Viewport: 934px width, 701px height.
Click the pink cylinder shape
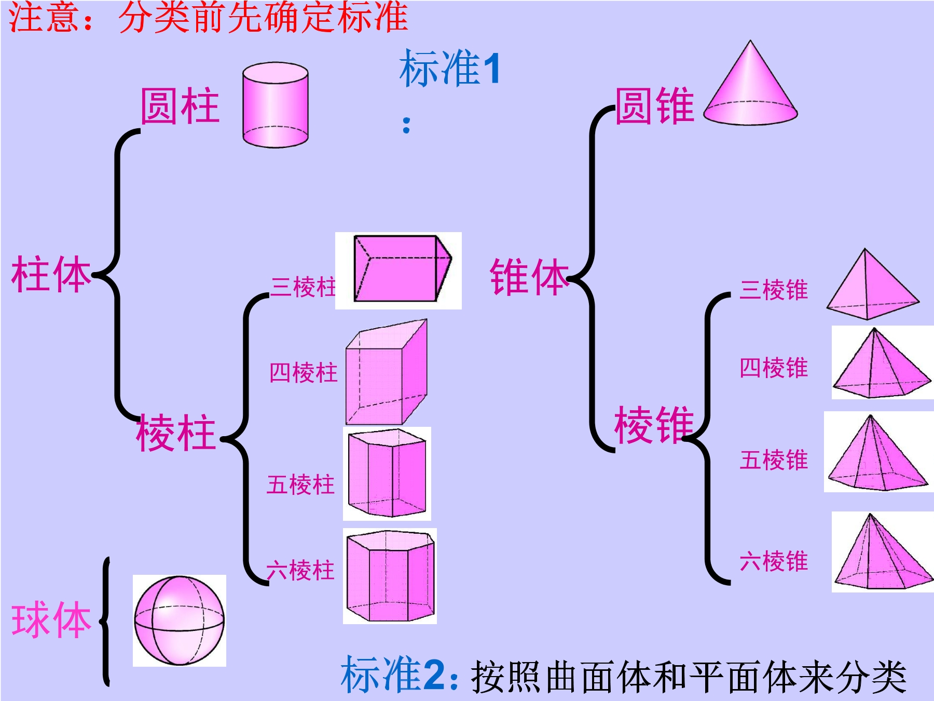tap(276, 105)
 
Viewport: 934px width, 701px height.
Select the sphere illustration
tap(180, 620)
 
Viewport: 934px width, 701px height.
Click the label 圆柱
tap(180, 106)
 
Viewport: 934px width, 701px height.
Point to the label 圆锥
tap(655, 106)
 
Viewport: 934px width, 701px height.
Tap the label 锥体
tap(530, 277)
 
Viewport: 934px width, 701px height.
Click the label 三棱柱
tap(304, 287)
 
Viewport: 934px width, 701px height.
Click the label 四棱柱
tap(304, 372)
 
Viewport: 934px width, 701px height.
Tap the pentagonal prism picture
tap(387, 474)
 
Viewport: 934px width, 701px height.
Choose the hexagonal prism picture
tap(390, 576)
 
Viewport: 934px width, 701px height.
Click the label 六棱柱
tap(300, 570)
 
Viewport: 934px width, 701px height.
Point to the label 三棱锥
tap(774, 290)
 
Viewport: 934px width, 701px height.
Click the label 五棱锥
tap(774, 460)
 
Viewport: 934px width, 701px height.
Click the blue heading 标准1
tap(450, 68)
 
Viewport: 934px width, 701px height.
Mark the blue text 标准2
tap(393, 674)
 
